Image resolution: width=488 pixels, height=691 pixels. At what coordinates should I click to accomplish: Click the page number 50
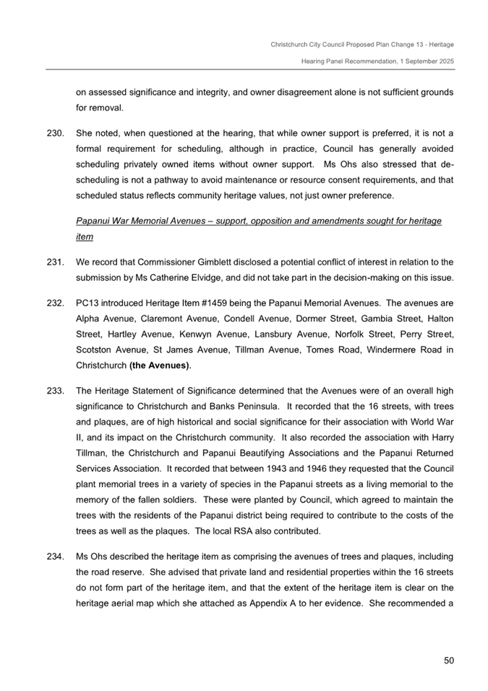click(x=448, y=660)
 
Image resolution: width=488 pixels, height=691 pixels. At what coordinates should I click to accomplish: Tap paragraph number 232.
click(x=55, y=302)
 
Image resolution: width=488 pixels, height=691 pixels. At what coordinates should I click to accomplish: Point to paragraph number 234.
click(x=55, y=556)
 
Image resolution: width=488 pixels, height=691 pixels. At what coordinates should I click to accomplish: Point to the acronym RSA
click(x=270, y=531)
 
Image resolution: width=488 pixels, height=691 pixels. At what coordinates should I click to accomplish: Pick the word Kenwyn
click(x=202, y=334)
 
